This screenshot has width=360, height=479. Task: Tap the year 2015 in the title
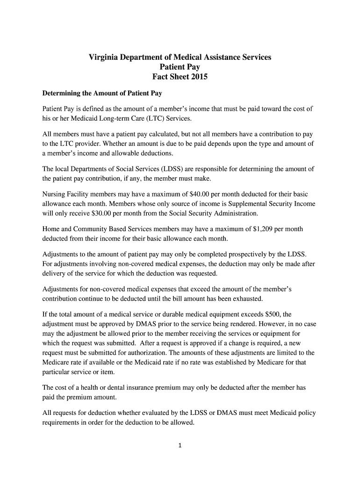(x=198, y=77)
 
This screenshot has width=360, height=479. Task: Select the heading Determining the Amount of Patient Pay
(x=102, y=94)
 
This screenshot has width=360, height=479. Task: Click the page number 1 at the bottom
(x=180, y=445)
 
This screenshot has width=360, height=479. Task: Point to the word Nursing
(x=54, y=194)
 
